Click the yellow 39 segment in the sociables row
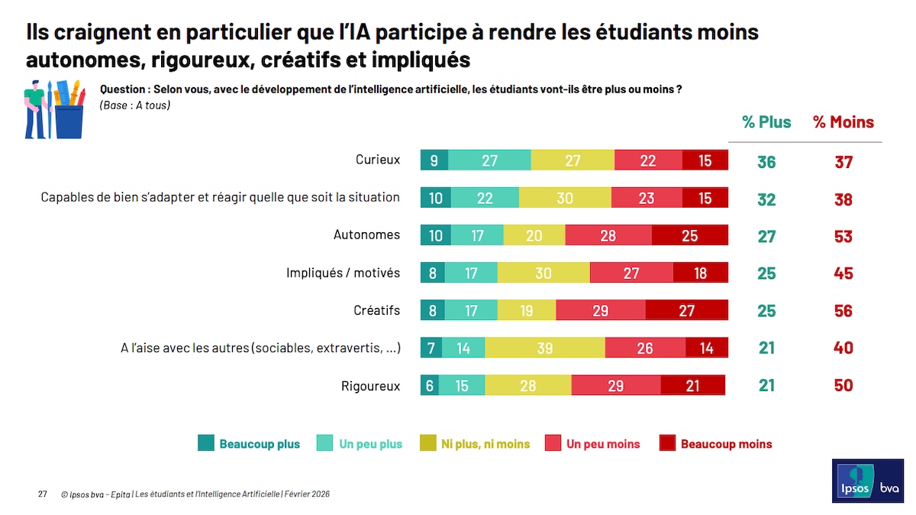tap(545, 348)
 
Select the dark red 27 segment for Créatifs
tap(687, 310)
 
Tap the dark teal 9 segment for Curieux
tap(434, 160)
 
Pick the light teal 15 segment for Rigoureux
tap(462, 385)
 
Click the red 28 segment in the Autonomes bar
tap(608, 235)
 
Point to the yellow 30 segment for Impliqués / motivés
tap(543, 273)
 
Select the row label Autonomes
tap(366, 235)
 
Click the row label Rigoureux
tap(370, 386)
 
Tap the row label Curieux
tap(378, 160)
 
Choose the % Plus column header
tap(766, 122)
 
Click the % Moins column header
tap(843, 122)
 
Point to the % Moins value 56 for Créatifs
tap(843, 311)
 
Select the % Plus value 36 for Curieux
tap(766, 162)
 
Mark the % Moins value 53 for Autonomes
tap(843, 236)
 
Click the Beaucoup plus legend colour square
tap(205, 443)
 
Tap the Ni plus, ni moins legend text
tap(485, 444)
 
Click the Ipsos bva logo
tap(866, 481)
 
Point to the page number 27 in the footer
tap(43, 494)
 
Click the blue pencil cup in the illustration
tap(69, 122)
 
